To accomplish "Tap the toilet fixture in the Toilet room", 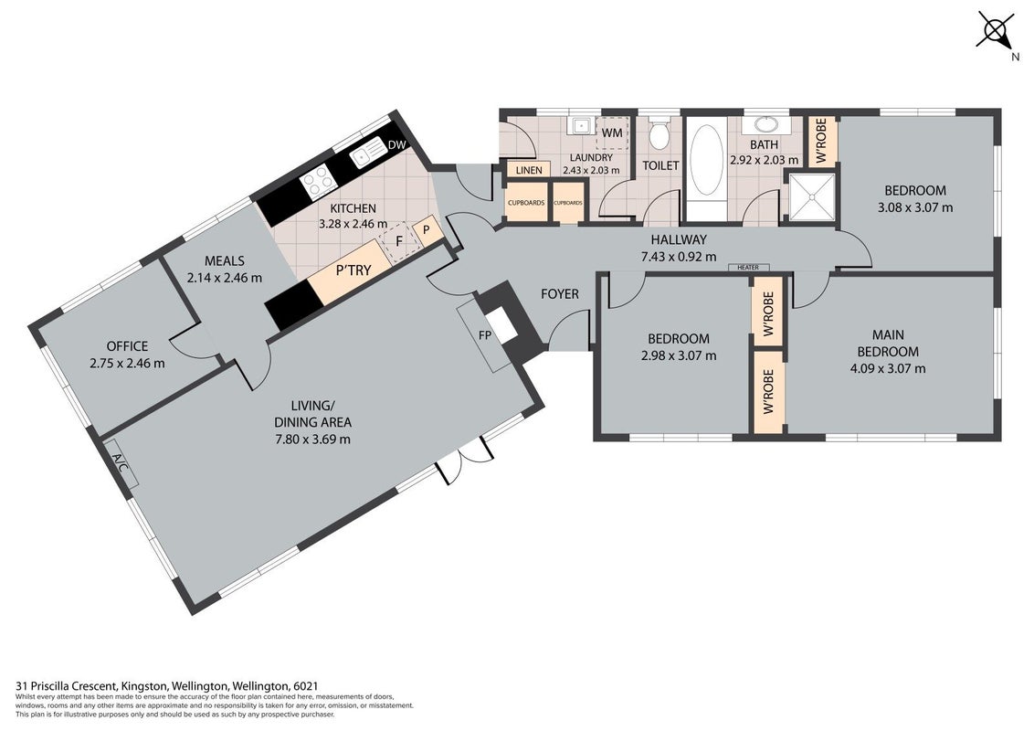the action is click(x=659, y=133).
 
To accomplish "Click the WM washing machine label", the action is click(x=612, y=132).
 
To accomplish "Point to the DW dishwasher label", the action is click(x=396, y=144).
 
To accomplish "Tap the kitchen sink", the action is click(x=367, y=154).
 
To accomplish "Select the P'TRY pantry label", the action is click(x=354, y=270).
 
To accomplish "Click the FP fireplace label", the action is click(x=485, y=335).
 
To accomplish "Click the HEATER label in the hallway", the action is click(x=748, y=267).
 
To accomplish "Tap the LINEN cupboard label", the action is click(x=529, y=170).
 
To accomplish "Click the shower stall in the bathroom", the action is click(x=812, y=196).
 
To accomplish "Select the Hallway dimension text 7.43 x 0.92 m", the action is click(x=679, y=257).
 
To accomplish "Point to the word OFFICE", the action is click(x=127, y=345).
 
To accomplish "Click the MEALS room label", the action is click(x=224, y=260).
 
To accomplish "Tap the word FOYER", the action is click(x=560, y=293).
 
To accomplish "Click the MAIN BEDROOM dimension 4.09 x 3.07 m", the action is click(x=888, y=369).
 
